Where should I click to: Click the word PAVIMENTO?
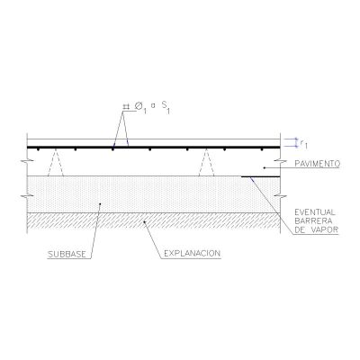317,164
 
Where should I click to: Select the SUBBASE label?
67,255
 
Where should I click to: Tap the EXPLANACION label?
192,254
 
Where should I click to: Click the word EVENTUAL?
315,212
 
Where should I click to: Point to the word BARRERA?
313,221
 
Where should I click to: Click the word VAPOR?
326,230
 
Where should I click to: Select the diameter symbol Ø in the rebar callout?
139,106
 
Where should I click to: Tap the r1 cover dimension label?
303,143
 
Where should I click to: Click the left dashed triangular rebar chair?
56,162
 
